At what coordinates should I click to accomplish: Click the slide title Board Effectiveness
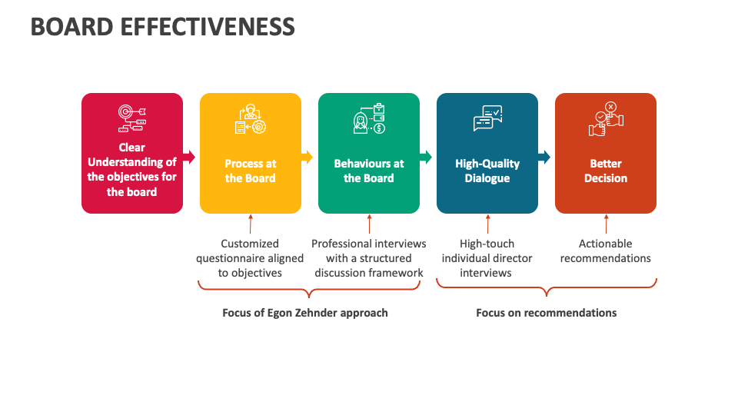coord(162,27)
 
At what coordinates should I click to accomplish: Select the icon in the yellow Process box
coord(251,120)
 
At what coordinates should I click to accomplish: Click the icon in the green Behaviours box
coord(369,120)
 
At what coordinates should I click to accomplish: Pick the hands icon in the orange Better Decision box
coord(606,120)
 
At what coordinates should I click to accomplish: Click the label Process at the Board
coord(251,171)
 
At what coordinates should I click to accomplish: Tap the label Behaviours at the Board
coord(369,171)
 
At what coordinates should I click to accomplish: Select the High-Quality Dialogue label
coord(487,171)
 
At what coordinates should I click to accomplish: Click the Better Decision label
coord(606,171)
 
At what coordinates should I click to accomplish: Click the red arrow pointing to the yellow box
coord(190,157)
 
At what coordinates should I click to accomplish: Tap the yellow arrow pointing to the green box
coord(307,157)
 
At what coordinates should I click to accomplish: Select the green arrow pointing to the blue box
coord(427,157)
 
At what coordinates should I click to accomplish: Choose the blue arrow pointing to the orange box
coord(545,157)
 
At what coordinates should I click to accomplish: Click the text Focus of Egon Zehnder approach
coord(305,313)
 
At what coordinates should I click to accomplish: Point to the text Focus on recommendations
coord(547,313)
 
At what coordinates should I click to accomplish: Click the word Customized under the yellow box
coord(250,244)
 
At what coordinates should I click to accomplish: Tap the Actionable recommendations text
coord(606,251)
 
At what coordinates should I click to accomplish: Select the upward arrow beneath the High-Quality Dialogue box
coord(487,224)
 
